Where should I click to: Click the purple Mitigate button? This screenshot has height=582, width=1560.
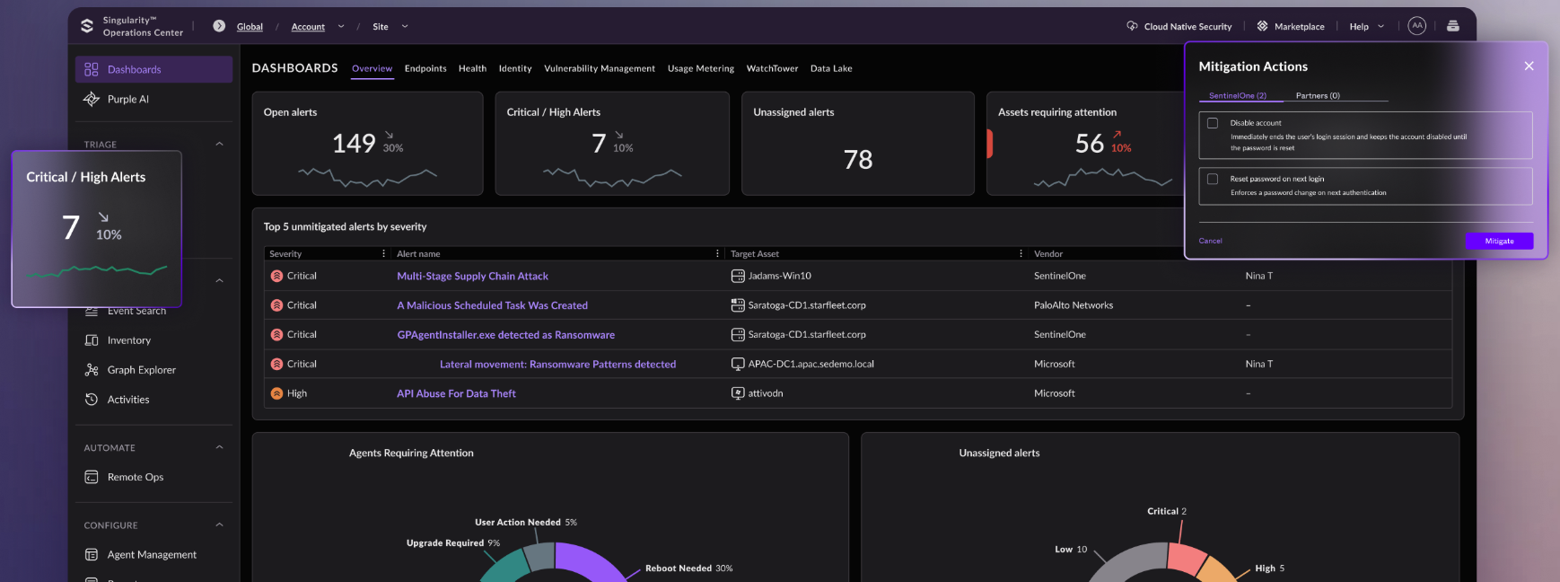1499,241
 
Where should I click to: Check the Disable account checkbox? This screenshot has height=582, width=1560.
1213,123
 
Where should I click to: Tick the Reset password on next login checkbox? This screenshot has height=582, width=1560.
1213,179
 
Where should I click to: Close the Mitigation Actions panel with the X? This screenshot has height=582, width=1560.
1529,66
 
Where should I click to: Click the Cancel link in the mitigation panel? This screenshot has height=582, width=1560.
1210,241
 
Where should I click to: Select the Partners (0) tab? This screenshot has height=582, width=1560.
1317,95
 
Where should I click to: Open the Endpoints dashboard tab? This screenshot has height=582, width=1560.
425,68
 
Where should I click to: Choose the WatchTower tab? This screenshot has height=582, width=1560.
772,68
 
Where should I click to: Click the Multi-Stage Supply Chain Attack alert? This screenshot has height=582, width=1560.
472,276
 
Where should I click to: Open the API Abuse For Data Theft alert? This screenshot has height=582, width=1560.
456,393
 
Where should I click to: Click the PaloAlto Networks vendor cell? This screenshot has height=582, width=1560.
1073,305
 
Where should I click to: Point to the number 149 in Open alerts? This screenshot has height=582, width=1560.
354,144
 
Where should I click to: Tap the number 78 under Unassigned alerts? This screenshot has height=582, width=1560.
857,160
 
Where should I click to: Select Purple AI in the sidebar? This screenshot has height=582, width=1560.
127,99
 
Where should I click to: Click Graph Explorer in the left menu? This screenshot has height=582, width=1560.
141,370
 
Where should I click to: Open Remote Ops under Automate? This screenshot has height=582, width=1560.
135,477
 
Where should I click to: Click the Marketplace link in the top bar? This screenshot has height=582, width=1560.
1298,27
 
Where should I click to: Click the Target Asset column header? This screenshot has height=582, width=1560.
754,254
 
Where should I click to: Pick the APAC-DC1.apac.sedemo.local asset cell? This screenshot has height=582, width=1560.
811,364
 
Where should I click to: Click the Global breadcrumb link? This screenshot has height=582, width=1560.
250,27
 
